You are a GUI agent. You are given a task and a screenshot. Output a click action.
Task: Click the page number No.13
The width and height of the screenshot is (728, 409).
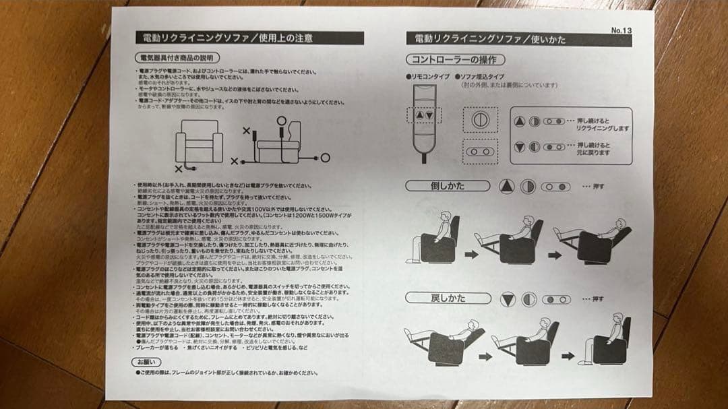point(620,30)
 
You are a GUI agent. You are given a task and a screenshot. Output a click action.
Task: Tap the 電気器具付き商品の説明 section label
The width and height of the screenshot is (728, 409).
point(177,57)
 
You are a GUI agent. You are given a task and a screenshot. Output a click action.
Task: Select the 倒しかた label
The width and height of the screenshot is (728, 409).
point(448,186)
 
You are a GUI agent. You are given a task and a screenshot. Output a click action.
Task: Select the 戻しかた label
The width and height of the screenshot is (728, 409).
point(448,298)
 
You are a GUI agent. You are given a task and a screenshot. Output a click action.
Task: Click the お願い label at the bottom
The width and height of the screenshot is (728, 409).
point(145,362)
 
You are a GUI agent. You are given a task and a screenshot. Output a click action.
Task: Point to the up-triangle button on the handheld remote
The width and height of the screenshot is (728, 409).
point(420,115)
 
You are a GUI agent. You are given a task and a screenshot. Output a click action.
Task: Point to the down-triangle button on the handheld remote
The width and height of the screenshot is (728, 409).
point(429,115)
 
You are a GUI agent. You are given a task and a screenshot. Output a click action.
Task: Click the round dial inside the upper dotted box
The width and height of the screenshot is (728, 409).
point(479,119)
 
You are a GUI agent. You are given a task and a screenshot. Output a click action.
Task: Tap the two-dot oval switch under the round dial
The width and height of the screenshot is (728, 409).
point(479,152)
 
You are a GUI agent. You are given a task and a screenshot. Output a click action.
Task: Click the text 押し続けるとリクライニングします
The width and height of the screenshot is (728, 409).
point(603,123)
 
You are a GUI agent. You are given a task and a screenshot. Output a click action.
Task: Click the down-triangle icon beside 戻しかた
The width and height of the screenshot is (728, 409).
point(507,298)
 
